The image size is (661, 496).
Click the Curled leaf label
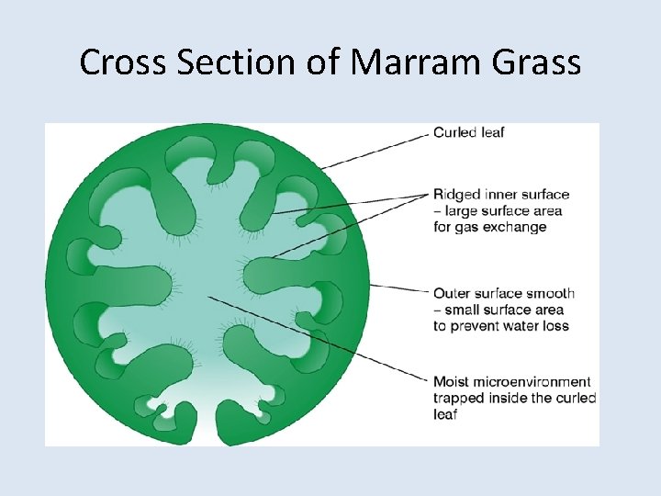[468, 132]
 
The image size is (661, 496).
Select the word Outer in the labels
[452, 293]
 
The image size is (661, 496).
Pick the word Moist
[452, 381]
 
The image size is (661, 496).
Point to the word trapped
[459, 398]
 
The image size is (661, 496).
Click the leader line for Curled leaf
[376, 151]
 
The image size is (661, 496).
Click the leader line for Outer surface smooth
[399, 288]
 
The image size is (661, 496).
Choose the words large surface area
[507, 211]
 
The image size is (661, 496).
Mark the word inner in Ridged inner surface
[499, 195]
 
